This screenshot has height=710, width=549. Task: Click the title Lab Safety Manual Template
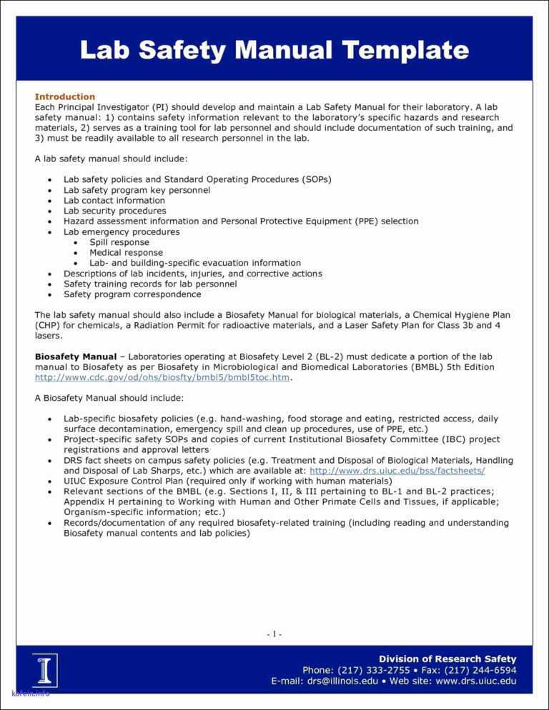tap(274, 50)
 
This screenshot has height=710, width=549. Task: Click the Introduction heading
tap(65, 96)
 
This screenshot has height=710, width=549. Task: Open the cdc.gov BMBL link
tap(163, 377)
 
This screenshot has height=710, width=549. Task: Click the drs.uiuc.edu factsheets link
tap(397, 471)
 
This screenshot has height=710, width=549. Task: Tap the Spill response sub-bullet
tap(119, 242)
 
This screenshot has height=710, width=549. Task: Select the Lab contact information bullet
tap(114, 201)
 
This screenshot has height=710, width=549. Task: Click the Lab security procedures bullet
tap(114, 211)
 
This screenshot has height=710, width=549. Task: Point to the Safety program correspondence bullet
tap(132, 294)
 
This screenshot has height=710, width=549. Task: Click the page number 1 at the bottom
tap(274, 634)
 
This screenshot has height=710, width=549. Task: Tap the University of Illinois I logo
tap(44, 670)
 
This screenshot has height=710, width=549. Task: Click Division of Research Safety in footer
tap(447, 659)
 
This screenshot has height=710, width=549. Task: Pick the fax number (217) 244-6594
tap(480, 670)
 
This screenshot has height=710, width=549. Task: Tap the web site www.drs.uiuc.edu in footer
tap(475, 681)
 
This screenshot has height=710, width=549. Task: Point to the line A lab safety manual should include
tap(111, 159)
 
